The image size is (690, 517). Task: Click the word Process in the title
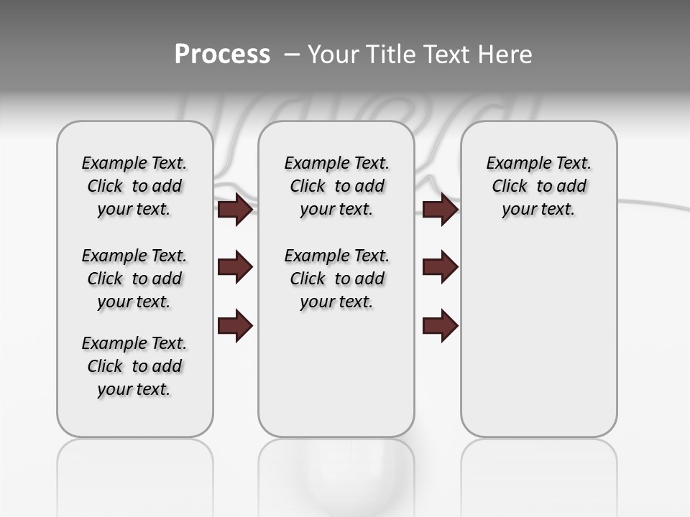222,55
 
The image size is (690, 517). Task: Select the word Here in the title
505,55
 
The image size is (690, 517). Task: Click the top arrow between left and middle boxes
235,210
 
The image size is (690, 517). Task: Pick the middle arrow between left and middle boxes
235,267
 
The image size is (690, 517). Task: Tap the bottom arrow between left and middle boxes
235,325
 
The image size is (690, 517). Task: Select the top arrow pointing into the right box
440,210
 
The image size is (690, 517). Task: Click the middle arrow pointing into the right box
440,267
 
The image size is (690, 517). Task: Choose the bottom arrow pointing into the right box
440,325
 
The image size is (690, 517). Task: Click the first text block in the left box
134,186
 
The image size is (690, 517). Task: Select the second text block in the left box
134,279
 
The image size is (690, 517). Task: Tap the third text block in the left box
134,366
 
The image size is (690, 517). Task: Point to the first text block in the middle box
336,186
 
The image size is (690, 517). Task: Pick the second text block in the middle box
336,279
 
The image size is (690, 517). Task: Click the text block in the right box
538,186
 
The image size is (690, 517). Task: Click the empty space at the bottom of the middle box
336,381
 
